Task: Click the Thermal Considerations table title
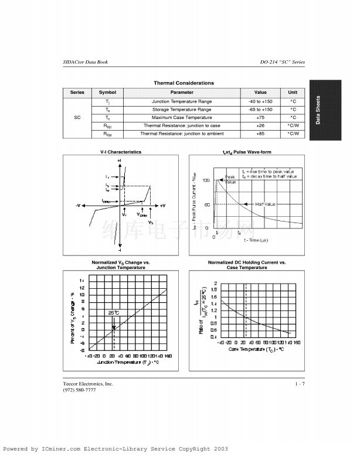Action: pos(184,83)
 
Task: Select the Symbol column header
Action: pos(107,93)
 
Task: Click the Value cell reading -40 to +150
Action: pos(260,101)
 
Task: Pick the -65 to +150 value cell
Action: pos(260,110)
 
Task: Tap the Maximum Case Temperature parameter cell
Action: pos(182,118)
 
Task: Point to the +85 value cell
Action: pos(260,134)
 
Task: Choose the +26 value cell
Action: pos(260,126)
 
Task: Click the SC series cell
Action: pos(77,118)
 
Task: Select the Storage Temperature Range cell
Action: pos(182,110)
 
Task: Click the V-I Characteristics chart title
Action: pos(121,152)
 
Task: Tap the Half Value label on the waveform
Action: pos(265,204)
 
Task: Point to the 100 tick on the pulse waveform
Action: pos(206,180)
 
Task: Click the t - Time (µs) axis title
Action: pos(256,240)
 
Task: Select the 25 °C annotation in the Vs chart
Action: pos(113,313)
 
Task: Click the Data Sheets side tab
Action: pos(318,110)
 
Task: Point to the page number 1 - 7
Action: pos(300,384)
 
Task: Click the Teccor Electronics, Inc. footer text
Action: pos(88,384)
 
